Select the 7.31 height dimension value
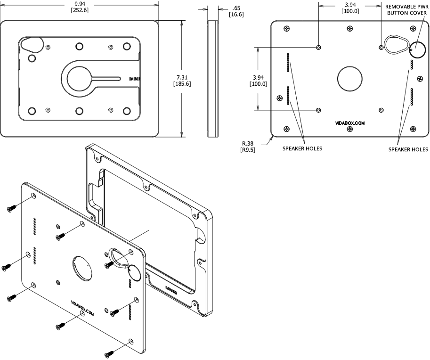point(182,77)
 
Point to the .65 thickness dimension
point(236,8)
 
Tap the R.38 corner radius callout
point(248,144)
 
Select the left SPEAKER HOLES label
point(302,148)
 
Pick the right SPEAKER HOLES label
point(408,149)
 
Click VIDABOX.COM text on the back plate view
point(350,123)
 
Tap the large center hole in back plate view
point(349,77)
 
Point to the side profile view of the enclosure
point(213,78)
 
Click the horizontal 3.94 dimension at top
point(349,4)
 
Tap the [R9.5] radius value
point(248,150)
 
